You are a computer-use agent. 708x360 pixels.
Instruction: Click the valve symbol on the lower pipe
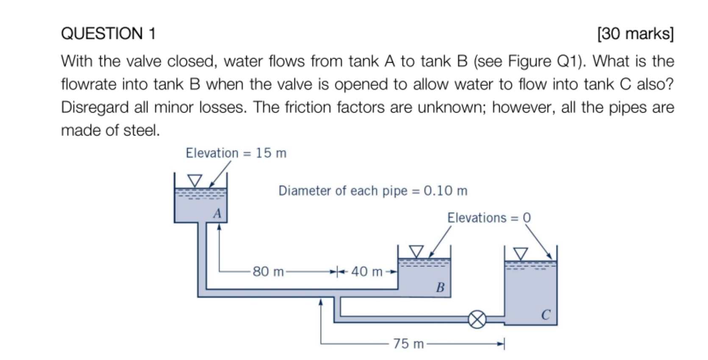click(x=477, y=319)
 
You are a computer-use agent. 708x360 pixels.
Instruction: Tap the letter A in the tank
click(x=217, y=213)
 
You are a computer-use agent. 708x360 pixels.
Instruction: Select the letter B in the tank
click(x=440, y=288)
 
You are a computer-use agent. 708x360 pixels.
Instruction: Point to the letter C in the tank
click(x=546, y=315)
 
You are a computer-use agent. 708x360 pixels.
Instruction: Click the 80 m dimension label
click(x=268, y=271)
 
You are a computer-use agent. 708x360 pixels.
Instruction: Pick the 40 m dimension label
click(x=366, y=271)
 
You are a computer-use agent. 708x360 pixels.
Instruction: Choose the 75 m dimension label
click(x=408, y=343)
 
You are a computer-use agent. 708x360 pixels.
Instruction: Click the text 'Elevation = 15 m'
click(x=236, y=153)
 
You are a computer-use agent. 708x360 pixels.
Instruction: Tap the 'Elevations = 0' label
click(x=489, y=218)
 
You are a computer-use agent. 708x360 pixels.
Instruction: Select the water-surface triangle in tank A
click(x=195, y=180)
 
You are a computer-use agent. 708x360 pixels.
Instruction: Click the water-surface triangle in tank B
click(x=416, y=251)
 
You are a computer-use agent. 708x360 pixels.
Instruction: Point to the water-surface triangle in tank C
click(x=521, y=254)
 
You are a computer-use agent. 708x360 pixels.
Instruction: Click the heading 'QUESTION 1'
click(x=108, y=33)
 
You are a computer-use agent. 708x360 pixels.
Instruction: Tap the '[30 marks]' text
click(x=635, y=33)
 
